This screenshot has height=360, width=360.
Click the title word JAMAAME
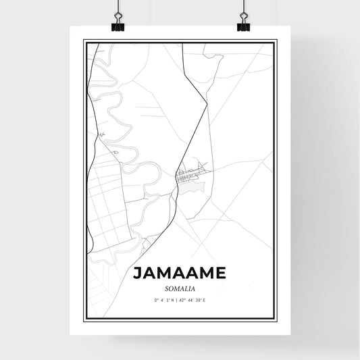(180, 275)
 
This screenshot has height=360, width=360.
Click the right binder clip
(243, 23)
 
